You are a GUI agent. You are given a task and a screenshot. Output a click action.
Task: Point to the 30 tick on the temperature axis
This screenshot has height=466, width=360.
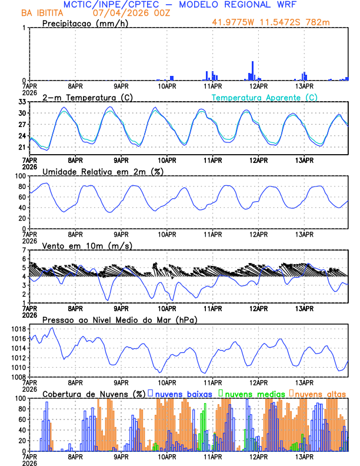pyautogui.click(x=21, y=113)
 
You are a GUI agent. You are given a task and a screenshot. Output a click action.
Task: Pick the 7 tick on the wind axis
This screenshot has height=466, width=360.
pyautogui.click(x=24, y=250)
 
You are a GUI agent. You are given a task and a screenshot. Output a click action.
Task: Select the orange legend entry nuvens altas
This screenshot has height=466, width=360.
pyautogui.click(x=320, y=392)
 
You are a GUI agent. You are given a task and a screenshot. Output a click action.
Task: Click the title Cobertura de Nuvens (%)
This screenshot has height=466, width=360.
pyautogui.click(x=93, y=392)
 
